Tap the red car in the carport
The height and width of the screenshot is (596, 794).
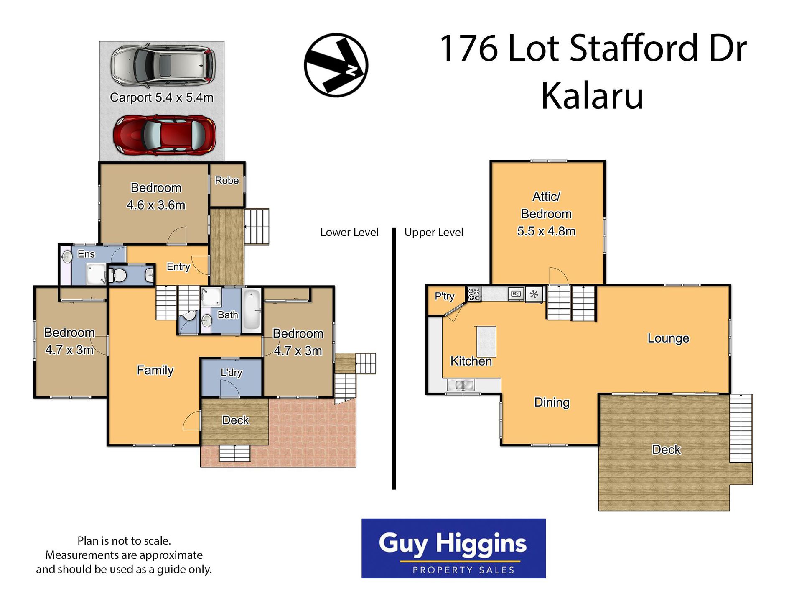[165, 135]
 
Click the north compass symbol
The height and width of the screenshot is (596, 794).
[336, 65]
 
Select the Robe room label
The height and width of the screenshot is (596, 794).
[226, 180]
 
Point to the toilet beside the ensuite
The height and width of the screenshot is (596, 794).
[118, 276]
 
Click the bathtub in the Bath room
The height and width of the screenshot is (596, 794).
[252, 310]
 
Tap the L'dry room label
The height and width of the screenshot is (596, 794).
[231, 372]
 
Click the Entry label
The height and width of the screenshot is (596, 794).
[178, 267]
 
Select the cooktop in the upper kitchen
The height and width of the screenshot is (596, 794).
[474, 294]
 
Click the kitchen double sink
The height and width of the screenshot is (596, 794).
[461, 384]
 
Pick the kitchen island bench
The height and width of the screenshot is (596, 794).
[486, 341]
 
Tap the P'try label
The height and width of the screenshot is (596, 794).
[444, 297]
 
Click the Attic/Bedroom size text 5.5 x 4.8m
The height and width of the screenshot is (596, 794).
[546, 231]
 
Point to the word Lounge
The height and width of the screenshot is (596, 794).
[668, 338]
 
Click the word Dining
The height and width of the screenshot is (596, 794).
[552, 402]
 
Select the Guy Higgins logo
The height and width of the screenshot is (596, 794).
[453, 548]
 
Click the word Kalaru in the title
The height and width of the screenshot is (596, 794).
[592, 96]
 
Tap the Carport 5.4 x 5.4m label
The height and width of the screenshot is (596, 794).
[161, 97]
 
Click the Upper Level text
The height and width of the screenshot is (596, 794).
[434, 232]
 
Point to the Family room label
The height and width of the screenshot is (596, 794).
[155, 370]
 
